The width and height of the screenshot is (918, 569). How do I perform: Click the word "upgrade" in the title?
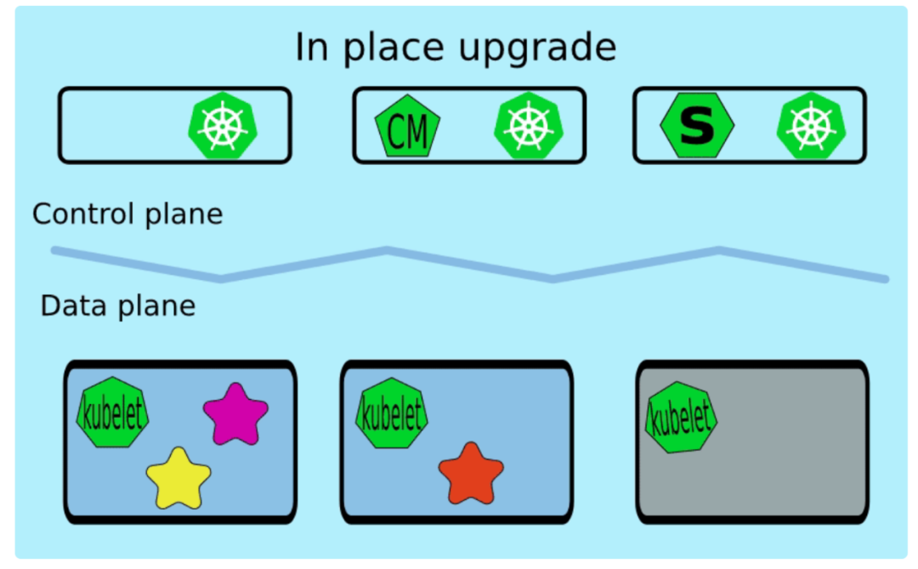537,48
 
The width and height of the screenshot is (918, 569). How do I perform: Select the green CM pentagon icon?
407,127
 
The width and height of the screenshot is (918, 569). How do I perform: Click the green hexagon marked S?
697,125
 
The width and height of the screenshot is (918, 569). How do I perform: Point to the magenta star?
235,413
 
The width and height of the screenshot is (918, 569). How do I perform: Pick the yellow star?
178,477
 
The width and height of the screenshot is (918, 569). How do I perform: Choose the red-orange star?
471,472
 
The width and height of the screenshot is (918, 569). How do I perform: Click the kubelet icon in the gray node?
681,418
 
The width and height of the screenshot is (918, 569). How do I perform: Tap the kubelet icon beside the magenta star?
112,413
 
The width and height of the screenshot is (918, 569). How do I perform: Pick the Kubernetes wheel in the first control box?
222,125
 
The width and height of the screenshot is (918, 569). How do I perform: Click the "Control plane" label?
127,213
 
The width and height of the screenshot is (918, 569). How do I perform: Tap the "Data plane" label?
117,305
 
